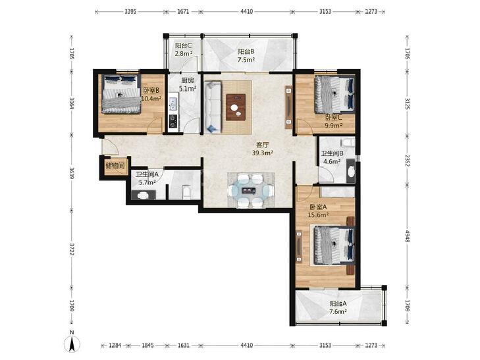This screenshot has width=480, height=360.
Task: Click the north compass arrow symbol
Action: click(72, 344)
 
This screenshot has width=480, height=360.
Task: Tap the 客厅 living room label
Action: click(262, 145)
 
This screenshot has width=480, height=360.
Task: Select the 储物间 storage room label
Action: click(115, 166)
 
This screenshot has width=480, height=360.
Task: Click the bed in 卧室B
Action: click(121, 94)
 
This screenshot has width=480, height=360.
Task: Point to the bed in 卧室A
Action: click(334, 245)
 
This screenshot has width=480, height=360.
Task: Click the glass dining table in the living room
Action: click(249, 191)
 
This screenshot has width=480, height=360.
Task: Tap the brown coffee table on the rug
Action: click(236, 107)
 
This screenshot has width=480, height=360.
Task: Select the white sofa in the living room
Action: click(213, 107)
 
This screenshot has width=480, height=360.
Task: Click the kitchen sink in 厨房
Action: click(173, 104)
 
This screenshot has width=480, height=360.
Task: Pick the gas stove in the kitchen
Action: click(173, 120)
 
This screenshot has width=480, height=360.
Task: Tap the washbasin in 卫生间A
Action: click(143, 195)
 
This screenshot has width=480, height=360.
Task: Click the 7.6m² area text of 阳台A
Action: click(338, 312)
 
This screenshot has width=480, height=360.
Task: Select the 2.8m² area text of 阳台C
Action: click(184, 54)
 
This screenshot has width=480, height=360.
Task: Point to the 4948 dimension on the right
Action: click(407, 236)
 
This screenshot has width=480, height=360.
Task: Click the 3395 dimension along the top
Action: click(130, 12)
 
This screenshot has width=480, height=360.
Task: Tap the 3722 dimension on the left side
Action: click(72, 249)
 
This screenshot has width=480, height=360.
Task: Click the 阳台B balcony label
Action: click(246, 52)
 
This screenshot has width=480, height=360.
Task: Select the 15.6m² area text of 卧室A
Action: click(319, 215)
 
